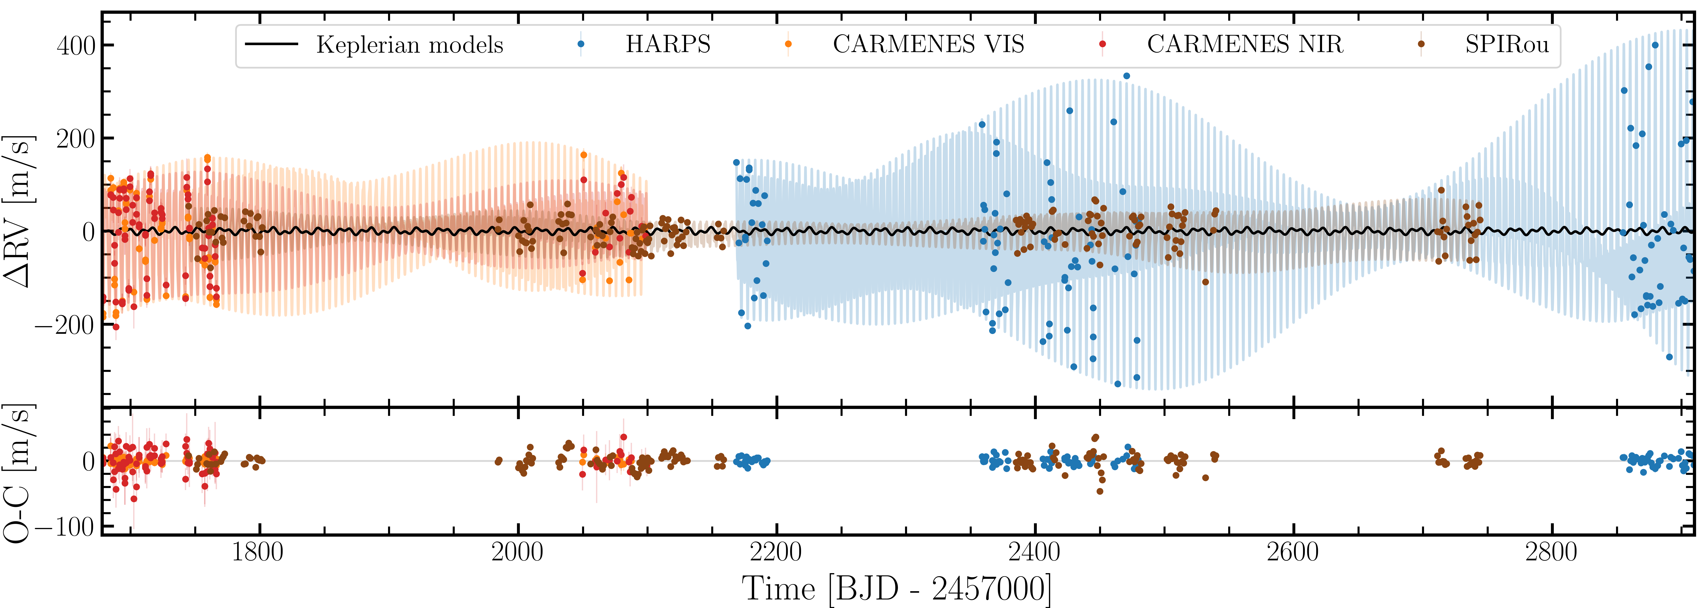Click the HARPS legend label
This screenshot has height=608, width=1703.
(x=668, y=44)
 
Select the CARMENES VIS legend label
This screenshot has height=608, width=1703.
(x=928, y=44)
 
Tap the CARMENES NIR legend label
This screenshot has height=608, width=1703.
(x=1245, y=44)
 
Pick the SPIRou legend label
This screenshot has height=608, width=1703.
(x=1507, y=44)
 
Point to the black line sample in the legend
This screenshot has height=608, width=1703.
(x=272, y=44)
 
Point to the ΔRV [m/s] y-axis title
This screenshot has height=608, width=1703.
(x=18, y=211)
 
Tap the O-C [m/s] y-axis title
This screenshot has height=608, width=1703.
(x=18, y=473)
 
